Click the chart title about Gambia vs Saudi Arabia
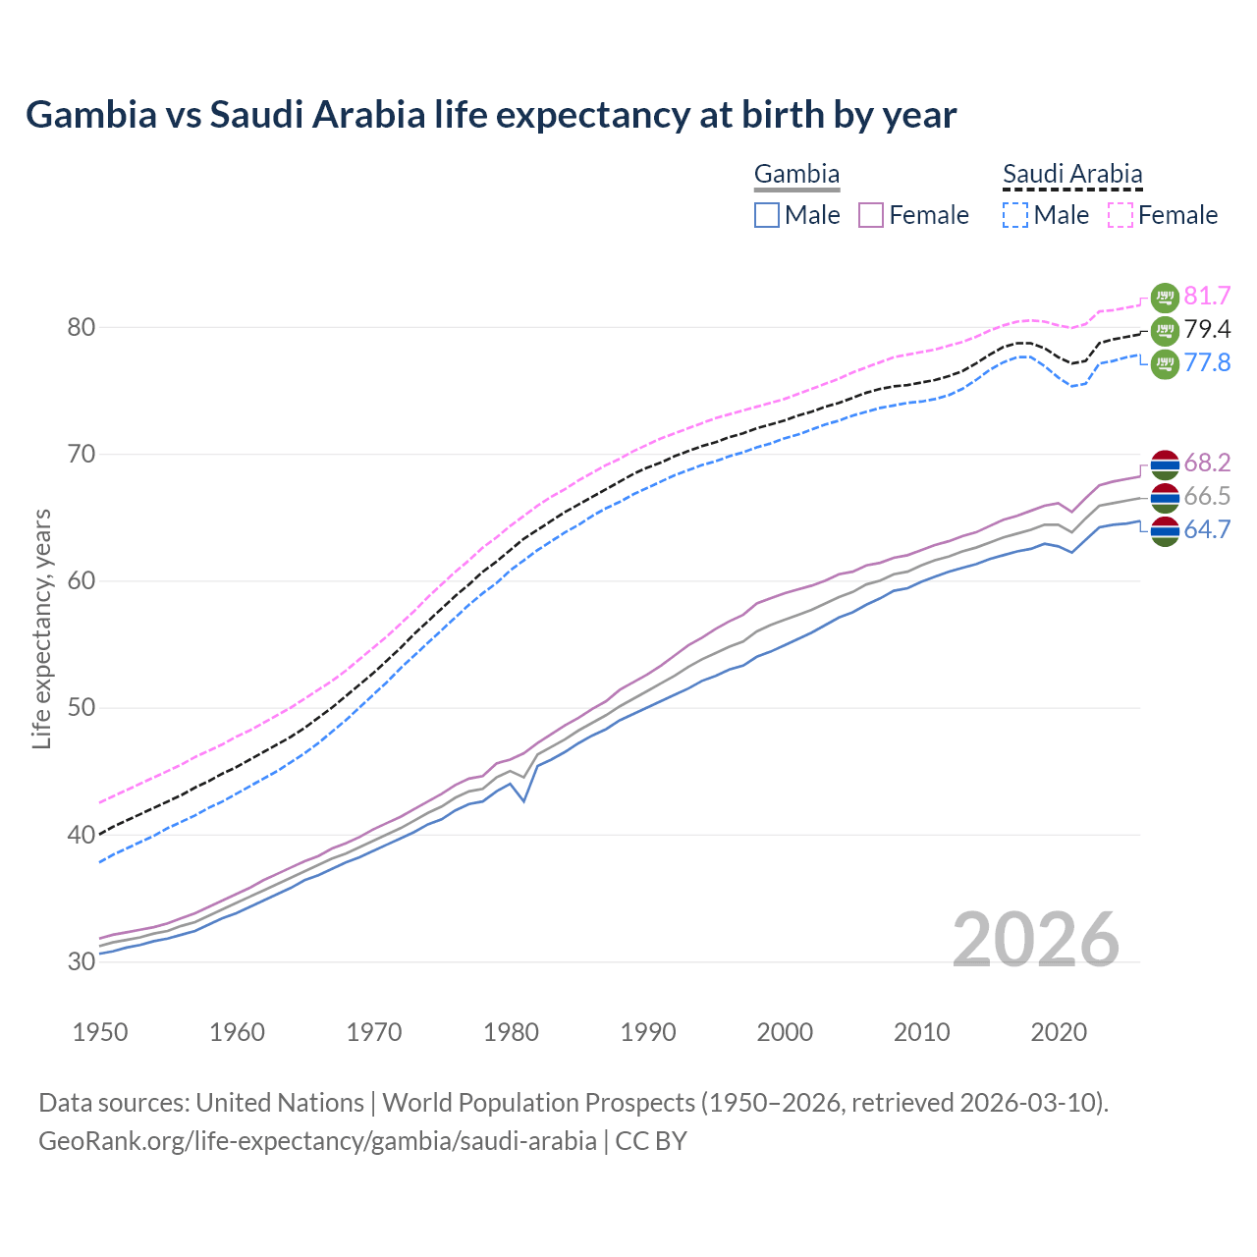(491, 115)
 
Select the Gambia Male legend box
(767, 215)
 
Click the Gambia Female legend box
(871, 215)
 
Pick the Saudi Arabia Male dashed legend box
(1015, 215)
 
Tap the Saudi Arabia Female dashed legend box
(1120, 215)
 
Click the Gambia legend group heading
(796, 175)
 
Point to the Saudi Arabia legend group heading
(1072, 175)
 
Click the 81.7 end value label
(1207, 297)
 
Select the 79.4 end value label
(1207, 330)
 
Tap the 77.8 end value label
(1207, 363)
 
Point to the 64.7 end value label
(1207, 530)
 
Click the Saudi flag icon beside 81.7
(1165, 297)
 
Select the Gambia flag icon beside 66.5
(1165, 497)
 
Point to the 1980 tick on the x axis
(512, 1032)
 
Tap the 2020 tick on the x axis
(1059, 1032)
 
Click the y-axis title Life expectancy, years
(42, 628)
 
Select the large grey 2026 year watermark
(1035, 940)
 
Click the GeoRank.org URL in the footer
(317, 1141)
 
